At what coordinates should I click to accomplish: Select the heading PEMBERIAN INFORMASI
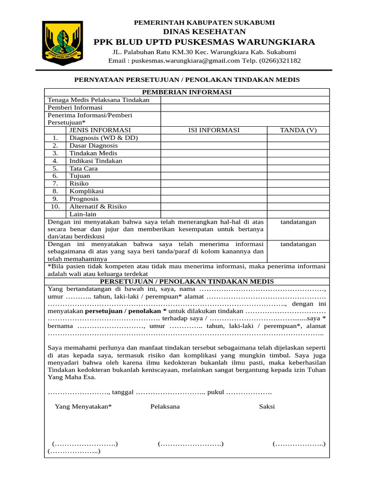click(x=187, y=92)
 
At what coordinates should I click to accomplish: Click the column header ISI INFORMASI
click(x=214, y=130)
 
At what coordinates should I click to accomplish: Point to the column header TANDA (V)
click(x=298, y=130)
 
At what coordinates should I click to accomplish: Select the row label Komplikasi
click(x=86, y=191)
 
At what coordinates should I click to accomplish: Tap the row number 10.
click(x=56, y=207)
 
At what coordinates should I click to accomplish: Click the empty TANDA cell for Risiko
click(x=298, y=184)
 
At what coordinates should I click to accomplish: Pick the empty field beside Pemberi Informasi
click(x=245, y=108)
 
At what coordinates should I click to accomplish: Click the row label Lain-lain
click(x=83, y=214)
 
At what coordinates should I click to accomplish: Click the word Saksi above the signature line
click(x=267, y=406)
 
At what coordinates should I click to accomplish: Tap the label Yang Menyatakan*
click(x=83, y=406)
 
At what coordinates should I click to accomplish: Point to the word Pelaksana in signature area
click(x=165, y=406)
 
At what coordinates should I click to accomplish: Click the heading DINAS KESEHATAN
click(x=204, y=31)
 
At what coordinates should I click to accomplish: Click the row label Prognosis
click(x=84, y=199)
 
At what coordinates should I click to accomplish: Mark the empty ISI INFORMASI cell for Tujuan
click(x=214, y=176)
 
